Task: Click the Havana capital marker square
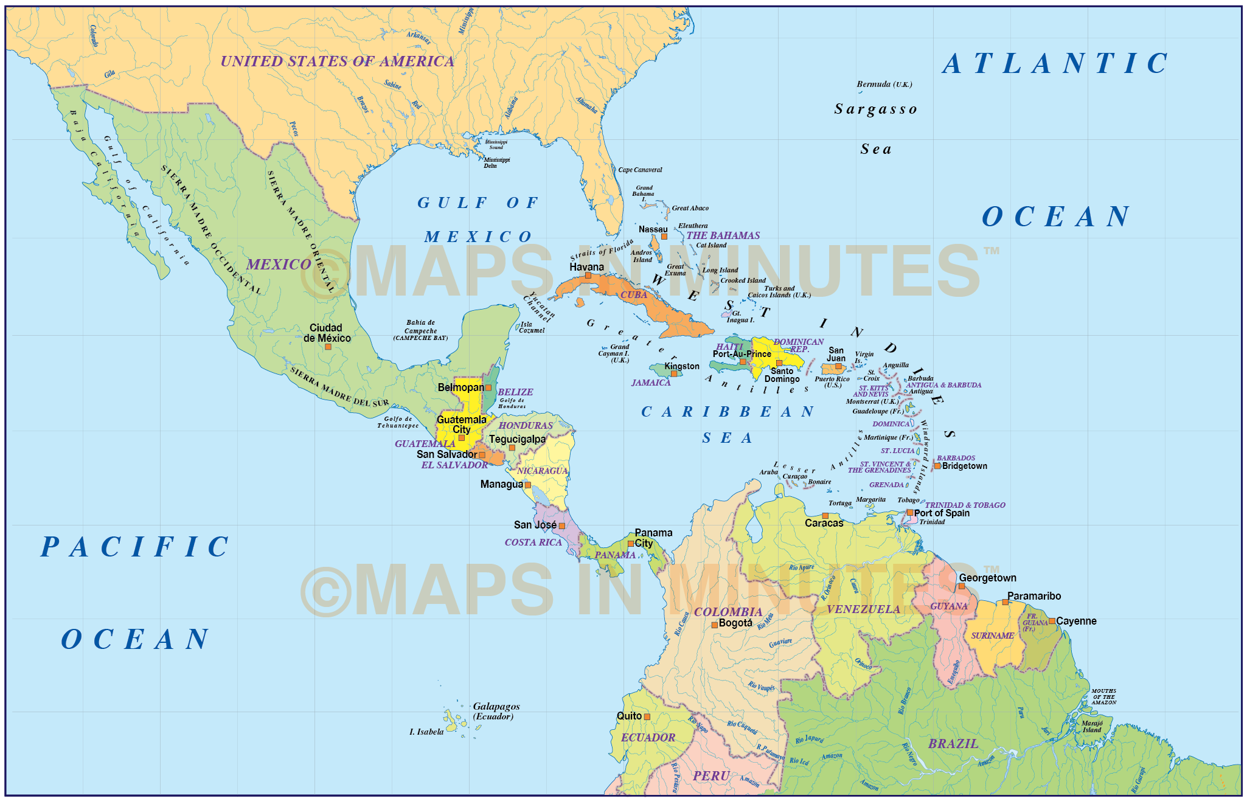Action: tap(588, 276)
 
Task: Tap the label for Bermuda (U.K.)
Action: tap(884, 85)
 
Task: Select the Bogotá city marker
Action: tap(715, 625)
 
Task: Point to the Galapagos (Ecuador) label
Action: tap(496, 711)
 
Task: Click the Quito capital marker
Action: tap(647, 717)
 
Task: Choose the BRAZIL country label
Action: tap(953, 744)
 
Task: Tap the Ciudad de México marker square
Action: tap(328, 347)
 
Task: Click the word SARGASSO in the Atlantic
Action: tap(875, 109)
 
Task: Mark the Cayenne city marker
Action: tap(1052, 621)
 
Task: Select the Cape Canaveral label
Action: tap(640, 170)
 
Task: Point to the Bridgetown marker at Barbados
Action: tap(937, 466)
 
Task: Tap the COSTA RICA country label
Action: tap(533, 543)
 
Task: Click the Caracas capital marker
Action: tap(825, 515)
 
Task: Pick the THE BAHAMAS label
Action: tap(723, 235)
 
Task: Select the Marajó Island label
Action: tap(1092, 727)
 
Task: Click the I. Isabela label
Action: tap(426, 732)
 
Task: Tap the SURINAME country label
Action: tap(992, 636)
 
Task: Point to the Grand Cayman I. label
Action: tap(614, 353)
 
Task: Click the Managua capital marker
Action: tap(528, 485)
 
